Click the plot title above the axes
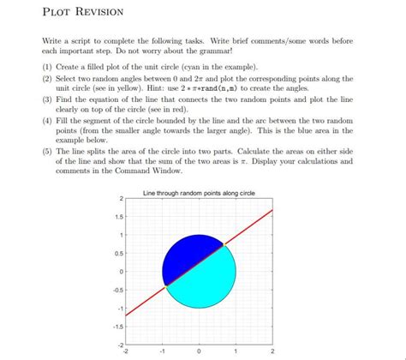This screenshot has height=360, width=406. click(199, 193)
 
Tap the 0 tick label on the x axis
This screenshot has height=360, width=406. click(199, 351)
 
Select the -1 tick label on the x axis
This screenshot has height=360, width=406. click(162, 351)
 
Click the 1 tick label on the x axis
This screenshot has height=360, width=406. click(236, 351)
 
